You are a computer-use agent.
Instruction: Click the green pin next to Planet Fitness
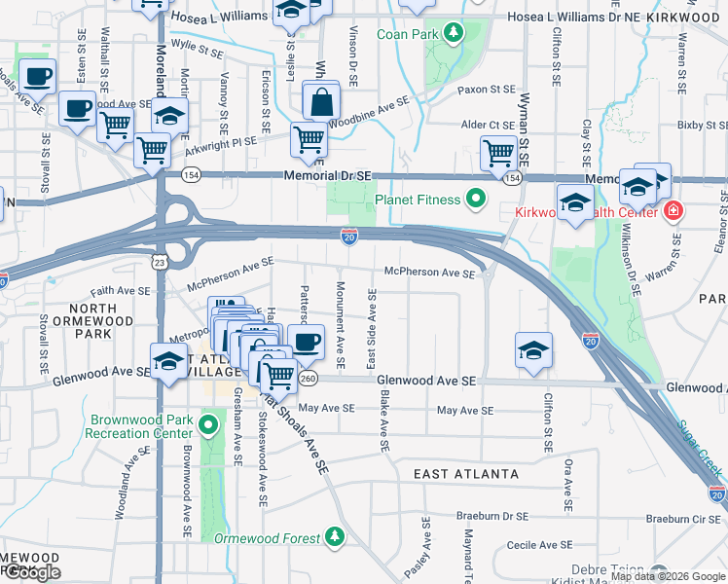pos(475,201)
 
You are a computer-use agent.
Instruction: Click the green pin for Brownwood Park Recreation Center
pos(207,425)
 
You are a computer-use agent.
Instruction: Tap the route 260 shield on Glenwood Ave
pos(309,378)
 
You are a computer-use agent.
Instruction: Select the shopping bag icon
pos(320,101)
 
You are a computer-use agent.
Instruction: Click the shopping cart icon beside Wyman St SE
pos(497,152)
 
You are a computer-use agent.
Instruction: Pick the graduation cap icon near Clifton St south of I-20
pos(533,350)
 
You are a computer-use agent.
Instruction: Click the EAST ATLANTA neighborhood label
pos(465,474)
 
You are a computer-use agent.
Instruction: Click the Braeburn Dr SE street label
pos(493,517)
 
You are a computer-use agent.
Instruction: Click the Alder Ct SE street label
pos(488,125)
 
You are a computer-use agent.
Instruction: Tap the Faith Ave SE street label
pos(122,290)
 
